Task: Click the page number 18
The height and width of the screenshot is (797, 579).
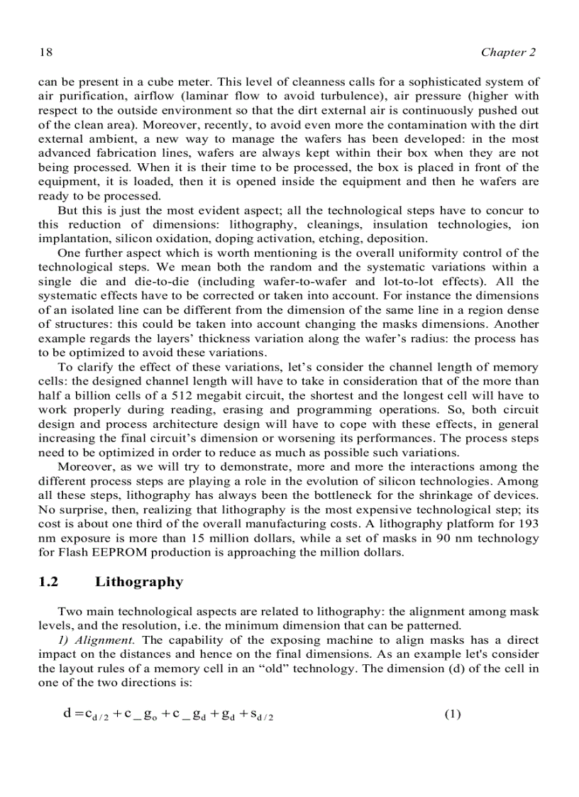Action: click(44, 53)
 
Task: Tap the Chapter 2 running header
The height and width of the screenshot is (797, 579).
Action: click(508, 53)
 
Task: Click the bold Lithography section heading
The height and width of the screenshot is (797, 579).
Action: click(139, 582)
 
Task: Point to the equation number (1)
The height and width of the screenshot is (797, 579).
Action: click(453, 714)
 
